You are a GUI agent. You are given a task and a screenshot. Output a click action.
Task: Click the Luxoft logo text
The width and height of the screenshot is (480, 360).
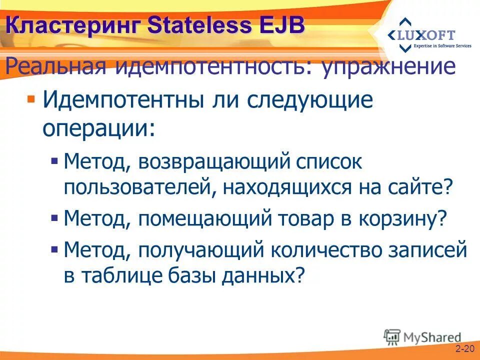click(x=428, y=35)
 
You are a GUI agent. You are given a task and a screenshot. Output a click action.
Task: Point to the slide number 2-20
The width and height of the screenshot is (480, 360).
click(x=464, y=348)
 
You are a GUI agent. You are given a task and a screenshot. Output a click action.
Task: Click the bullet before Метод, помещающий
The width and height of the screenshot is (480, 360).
click(x=55, y=218)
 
